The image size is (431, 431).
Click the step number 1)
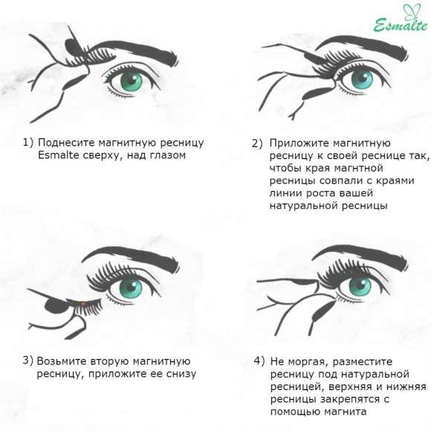[x=28, y=142]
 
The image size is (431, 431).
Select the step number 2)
[x=257, y=143]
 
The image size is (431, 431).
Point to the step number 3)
[x=28, y=360]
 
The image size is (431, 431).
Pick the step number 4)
[x=259, y=360]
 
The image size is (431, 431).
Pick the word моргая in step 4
[x=311, y=360]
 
